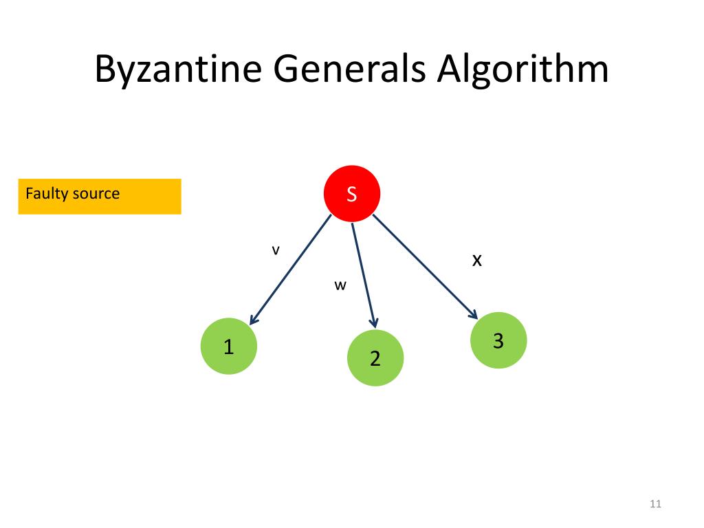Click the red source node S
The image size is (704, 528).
pos(351,194)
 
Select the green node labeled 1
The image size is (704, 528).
pos(228,346)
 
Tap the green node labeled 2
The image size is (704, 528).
pos(375,357)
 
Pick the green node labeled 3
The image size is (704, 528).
pos(498,340)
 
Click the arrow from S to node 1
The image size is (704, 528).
pos(290,269)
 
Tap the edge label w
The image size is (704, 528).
pos(339,286)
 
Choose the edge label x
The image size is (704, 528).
pos(476,260)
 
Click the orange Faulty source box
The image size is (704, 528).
pos(100,197)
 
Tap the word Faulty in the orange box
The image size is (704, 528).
pos(46,193)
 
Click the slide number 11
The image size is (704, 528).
pos(654,505)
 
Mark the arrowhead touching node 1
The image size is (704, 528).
pos(252,320)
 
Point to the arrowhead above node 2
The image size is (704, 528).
pos(374,322)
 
